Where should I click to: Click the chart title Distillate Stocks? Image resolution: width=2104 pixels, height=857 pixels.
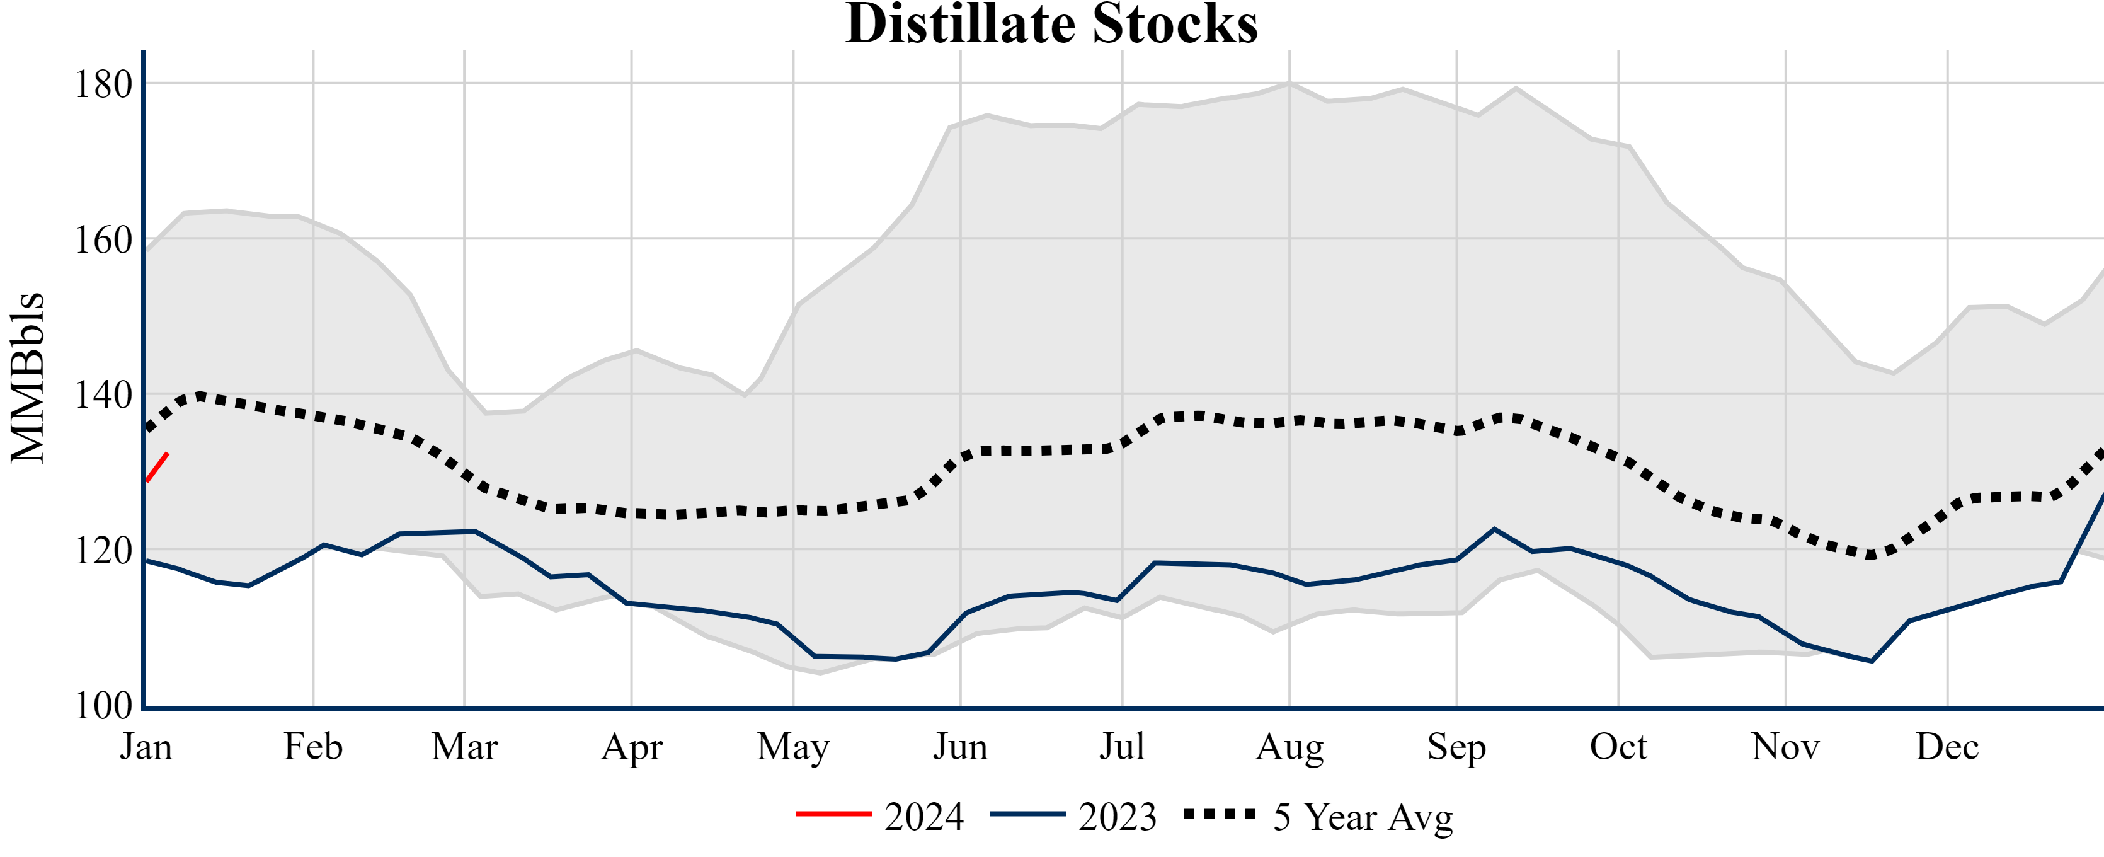click(1051, 25)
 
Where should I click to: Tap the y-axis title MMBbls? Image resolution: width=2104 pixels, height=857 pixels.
click(28, 377)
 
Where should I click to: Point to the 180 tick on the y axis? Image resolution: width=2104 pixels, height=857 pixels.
click(103, 84)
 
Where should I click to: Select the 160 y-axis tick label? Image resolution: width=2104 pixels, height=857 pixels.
click(103, 240)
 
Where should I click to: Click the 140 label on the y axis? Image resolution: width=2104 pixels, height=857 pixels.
click(103, 395)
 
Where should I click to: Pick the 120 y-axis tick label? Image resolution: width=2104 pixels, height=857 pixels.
click(103, 551)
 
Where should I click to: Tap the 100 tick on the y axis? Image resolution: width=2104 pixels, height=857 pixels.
click(103, 705)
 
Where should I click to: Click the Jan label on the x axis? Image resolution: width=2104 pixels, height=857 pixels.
click(146, 747)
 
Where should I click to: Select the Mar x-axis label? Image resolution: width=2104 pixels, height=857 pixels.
click(464, 747)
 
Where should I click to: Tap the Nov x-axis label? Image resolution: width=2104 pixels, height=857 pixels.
click(1785, 747)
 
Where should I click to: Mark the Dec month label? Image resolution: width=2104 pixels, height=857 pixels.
click(1947, 747)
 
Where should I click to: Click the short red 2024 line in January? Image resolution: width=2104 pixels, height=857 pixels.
click(157, 468)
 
